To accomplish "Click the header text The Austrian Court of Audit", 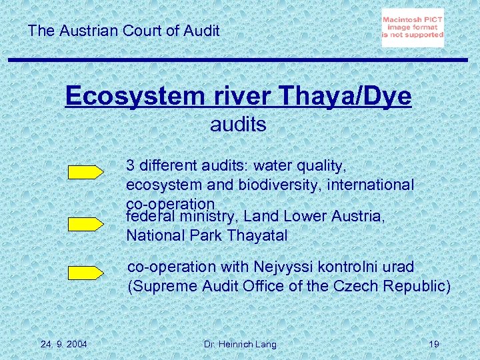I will coord(124,30).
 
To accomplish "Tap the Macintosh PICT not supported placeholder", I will coord(413,27).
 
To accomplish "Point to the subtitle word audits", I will coord(238,124).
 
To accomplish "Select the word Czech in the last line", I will coord(359,286).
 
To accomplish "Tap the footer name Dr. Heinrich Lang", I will coord(240,344).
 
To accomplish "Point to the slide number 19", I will coord(433,344).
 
